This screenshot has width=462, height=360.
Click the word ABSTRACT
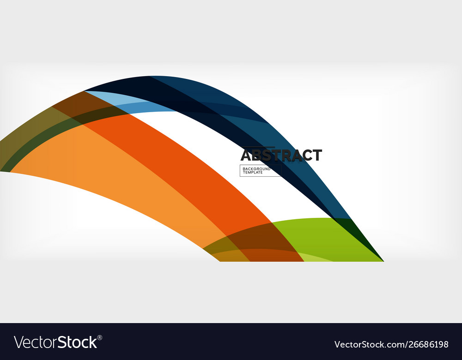(x=281, y=155)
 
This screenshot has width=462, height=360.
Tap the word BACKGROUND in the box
(x=256, y=169)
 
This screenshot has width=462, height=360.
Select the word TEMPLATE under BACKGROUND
(x=253, y=173)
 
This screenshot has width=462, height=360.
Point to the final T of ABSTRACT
(x=316, y=155)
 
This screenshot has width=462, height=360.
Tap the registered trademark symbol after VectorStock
(x=100, y=337)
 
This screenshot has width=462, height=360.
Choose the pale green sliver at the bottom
(x=314, y=257)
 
